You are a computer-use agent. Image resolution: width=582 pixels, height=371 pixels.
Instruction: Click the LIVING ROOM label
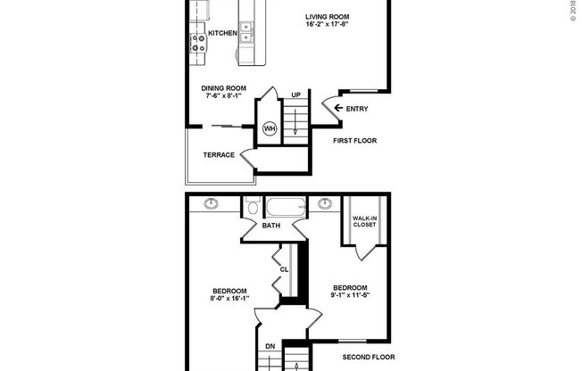point(326,16)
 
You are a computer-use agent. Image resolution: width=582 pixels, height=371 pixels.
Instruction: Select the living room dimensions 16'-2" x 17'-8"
point(326,25)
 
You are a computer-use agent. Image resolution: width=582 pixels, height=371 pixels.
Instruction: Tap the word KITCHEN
point(222,34)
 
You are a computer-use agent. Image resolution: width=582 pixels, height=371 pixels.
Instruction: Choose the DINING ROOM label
point(222,87)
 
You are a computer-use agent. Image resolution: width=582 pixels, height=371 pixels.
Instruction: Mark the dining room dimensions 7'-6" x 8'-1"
point(222,96)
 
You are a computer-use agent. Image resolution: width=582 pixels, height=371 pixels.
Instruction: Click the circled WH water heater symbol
point(269,129)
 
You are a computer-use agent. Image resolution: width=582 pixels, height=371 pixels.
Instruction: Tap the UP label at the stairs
point(295,95)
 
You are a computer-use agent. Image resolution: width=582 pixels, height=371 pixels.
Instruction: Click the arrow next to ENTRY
point(337,110)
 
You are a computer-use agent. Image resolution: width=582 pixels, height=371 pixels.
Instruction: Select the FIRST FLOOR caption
point(355,141)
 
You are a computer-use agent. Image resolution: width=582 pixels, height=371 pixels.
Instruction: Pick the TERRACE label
point(219,155)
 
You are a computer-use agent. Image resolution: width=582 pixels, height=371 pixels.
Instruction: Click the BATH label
point(271,226)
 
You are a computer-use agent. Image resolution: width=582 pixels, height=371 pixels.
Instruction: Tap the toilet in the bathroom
point(253,207)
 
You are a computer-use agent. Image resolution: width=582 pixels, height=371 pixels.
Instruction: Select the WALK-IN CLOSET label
point(363,221)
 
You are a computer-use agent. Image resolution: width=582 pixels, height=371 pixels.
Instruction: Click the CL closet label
point(284,268)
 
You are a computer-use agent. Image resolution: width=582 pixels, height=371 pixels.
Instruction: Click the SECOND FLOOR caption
point(369,357)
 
